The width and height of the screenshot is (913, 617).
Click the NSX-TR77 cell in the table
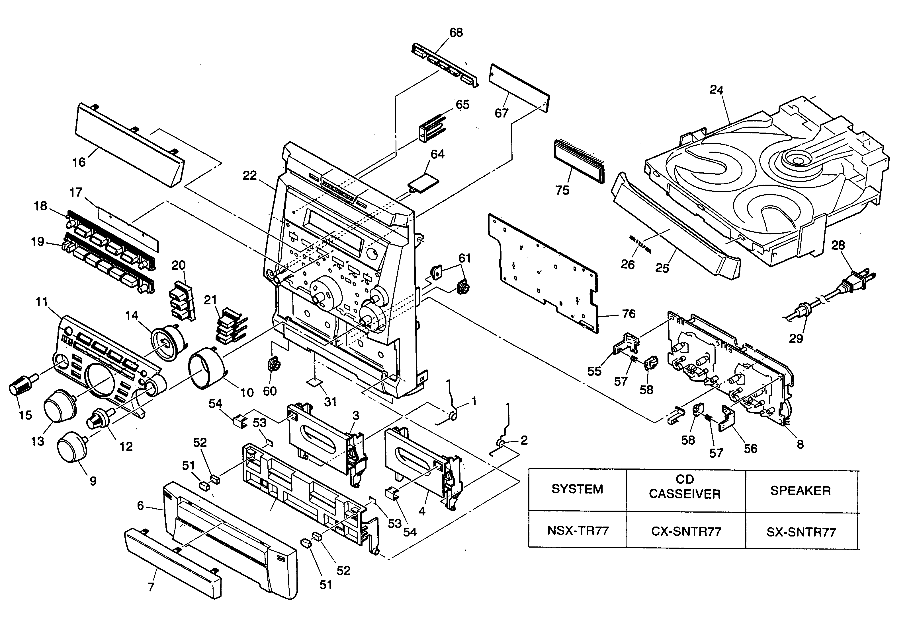point(578,531)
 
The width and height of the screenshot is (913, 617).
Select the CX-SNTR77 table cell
point(686,531)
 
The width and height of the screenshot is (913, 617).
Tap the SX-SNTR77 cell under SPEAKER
point(801,532)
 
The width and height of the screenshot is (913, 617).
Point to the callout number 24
point(716,90)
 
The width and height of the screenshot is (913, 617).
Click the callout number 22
point(250,176)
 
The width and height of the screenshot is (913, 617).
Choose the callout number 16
point(79,162)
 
